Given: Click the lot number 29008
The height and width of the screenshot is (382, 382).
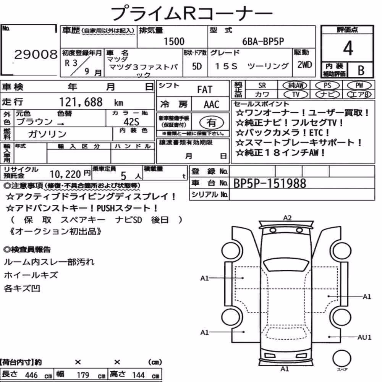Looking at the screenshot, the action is pos(36,54).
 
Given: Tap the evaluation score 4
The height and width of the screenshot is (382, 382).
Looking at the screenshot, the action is pos(348,48).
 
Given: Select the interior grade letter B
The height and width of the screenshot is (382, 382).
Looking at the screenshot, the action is pos(361,70).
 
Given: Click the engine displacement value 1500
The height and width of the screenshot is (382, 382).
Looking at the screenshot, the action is pos(174,41).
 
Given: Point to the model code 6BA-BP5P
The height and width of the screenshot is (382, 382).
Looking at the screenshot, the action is pos(263,41).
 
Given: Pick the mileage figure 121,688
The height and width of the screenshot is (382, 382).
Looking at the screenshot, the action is pos(81,102).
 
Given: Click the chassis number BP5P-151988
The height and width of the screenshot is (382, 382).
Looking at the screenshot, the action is pos(270,183).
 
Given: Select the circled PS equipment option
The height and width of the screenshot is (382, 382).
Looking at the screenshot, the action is pos(327,86).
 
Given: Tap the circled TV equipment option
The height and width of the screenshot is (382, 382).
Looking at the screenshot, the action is pos(296,94).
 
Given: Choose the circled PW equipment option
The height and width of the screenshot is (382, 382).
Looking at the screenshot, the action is pos(359,86).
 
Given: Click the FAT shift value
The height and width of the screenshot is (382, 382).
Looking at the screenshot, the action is pos(205,90).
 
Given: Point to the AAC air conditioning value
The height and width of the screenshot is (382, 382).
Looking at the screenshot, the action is pos(212,105).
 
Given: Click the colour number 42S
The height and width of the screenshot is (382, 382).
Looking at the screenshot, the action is pos(131,121).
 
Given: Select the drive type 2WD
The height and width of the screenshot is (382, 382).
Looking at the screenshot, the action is pos(304,65).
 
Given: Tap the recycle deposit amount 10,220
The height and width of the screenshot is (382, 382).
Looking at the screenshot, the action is pos(65,174).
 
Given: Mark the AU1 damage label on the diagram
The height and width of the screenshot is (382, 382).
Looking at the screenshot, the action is pos(364,337).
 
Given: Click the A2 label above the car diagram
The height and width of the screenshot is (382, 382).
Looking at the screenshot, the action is pos(288,218).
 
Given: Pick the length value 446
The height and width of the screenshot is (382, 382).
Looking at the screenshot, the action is pos(31,375).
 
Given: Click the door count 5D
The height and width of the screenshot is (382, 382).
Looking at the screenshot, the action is pos(197,66).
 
